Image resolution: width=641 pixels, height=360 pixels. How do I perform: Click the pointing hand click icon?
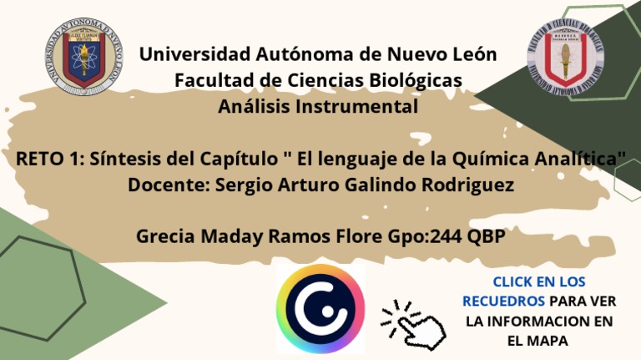point(414,322)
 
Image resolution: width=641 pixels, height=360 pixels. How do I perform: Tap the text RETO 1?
point(51,159)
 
